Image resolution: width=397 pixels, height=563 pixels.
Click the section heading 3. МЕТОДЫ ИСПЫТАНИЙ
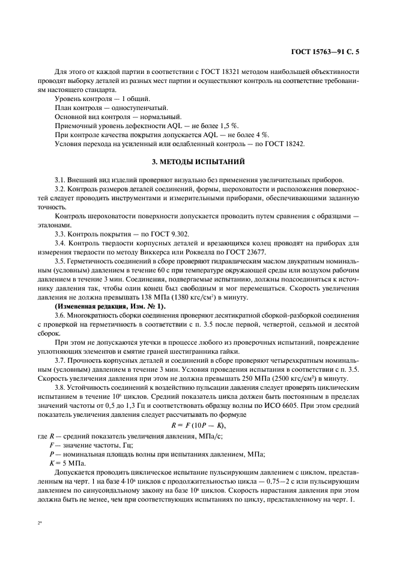198,162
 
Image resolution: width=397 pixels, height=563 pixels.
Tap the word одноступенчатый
129,106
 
